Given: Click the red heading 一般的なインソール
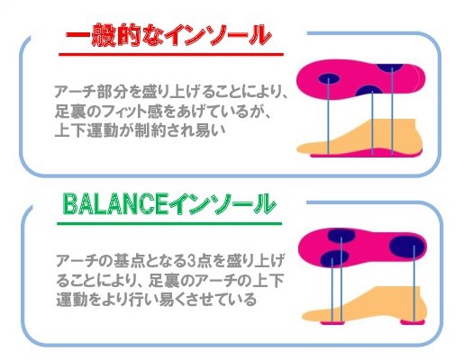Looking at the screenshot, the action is (x=168, y=35).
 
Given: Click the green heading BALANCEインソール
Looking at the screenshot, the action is (x=169, y=204).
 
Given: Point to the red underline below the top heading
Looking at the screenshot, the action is (x=171, y=55).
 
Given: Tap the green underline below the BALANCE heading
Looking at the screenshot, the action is (x=169, y=223).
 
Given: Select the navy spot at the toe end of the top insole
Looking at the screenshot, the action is (x=329, y=78).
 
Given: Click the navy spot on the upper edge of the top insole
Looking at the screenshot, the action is (x=390, y=67).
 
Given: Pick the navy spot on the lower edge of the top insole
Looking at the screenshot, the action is (x=370, y=91).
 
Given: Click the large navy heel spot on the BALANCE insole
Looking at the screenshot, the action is (x=407, y=246).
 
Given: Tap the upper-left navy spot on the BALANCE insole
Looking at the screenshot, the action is (x=341, y=236).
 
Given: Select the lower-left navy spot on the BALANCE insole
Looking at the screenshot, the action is (x=334, y=258).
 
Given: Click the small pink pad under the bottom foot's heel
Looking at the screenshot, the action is (x=413, y=322).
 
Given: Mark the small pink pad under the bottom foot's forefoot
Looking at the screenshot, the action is (x=333, y=322).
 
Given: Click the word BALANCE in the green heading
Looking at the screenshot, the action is (x=115, y=204).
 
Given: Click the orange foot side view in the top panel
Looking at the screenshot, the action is (x=359, y=137).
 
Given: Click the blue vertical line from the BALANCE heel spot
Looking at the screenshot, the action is (x=414, y=283).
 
